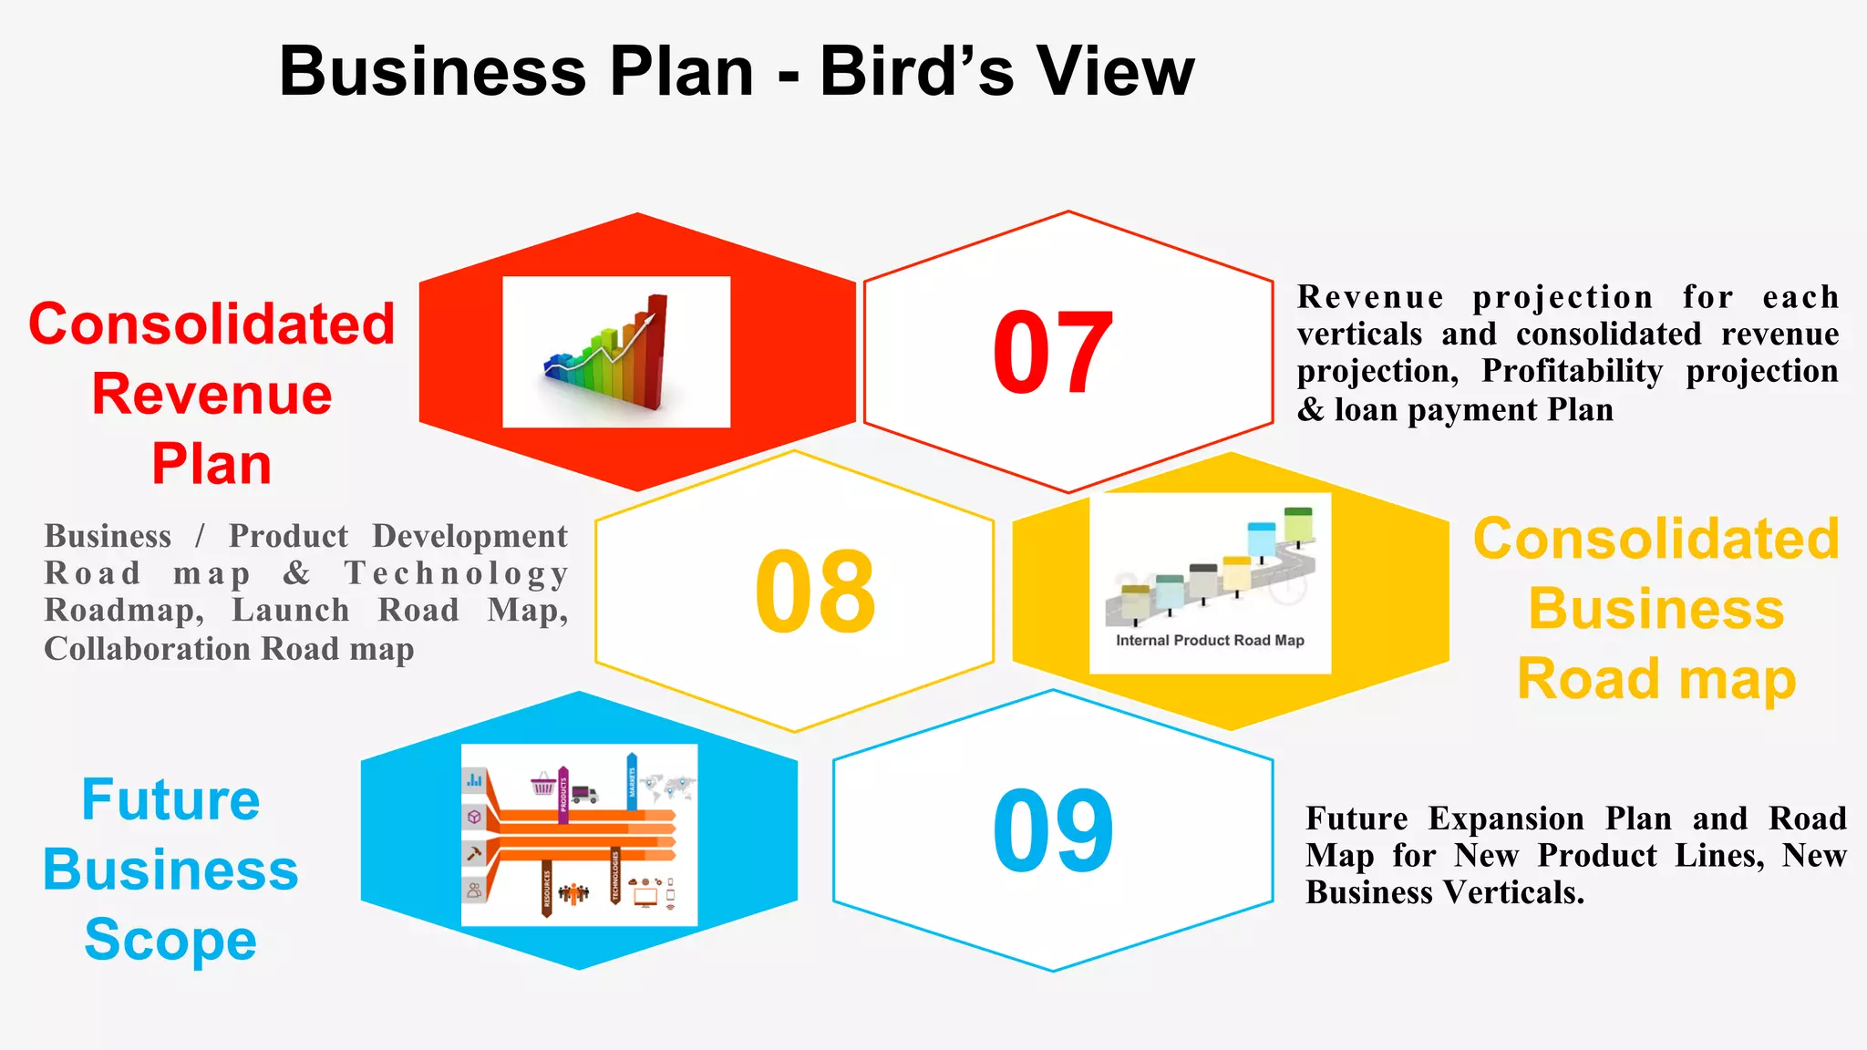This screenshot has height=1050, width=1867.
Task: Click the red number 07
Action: (x=1053, y=353)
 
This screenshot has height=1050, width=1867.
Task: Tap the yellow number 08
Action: (x=815, y=592)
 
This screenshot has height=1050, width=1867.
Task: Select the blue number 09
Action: (x=1053, y=830)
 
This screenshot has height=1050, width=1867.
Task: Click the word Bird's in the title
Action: (x=916, y=71)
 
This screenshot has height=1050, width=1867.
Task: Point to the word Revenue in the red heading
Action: (x=211, y=395)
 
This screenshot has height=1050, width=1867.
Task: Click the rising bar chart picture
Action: (x=616, y=352)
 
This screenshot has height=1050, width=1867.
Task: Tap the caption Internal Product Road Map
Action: (x=1210, y=640)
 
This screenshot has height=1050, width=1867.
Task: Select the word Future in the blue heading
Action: (x=170, y=799)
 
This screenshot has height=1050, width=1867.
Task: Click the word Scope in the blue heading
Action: (x=170, y=940)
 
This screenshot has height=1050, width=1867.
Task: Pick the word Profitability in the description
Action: (x=1572, y=371)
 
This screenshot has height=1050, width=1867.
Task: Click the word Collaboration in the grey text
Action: (x=147, y=649)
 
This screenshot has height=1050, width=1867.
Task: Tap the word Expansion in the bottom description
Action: (x=1505, y=818)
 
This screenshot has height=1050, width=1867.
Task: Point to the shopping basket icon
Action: (x=543, y=783)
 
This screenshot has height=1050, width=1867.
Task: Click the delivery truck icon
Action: (x=583, y=794)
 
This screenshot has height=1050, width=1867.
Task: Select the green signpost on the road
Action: (x=1297, y=524)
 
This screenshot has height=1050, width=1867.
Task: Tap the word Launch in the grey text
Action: (x=291, y=611)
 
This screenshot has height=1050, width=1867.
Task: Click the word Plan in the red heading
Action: (x=211, y=465)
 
